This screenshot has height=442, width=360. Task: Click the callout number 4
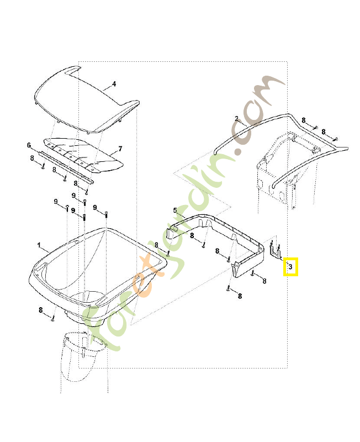(x=114, y=84)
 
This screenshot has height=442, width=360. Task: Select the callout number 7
(x=120, y=149)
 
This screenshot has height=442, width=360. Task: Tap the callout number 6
(x=29, y=145)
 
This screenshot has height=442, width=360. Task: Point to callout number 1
(x=39, y=245)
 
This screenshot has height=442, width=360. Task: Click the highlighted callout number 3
(x=290, y=267)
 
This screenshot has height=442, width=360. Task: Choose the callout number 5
(x=175, y=211)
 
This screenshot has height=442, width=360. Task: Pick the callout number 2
(x=236, y=119)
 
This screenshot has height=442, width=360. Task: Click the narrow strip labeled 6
(x=66, y=167)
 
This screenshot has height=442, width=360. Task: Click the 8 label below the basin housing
(x=40, y=310)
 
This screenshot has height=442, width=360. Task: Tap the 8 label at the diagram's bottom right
(x=240, y=296)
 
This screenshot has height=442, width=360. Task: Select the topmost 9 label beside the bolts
(x=73, y=196)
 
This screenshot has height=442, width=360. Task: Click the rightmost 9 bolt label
(x=95, y=208)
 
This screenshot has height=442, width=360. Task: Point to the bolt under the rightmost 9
(x=106, y=214)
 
